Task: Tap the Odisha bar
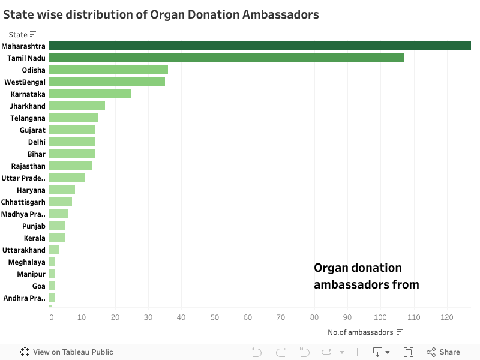(109, 70)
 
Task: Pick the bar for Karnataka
(90, 94)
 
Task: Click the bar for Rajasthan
(70, 166)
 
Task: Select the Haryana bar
(62, 190)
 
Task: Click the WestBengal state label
(25, 82)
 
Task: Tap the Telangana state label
(28, 118)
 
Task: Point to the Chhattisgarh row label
(23, 202)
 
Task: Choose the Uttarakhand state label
(24, 250)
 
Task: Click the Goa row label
(39, 286)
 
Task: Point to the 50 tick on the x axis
(215, 317)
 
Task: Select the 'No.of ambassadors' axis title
(360, 332)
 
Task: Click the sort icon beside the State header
(33, 34)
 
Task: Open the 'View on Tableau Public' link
(67, 352)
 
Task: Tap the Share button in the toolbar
(443, 352)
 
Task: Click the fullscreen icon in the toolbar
(409, 352)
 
